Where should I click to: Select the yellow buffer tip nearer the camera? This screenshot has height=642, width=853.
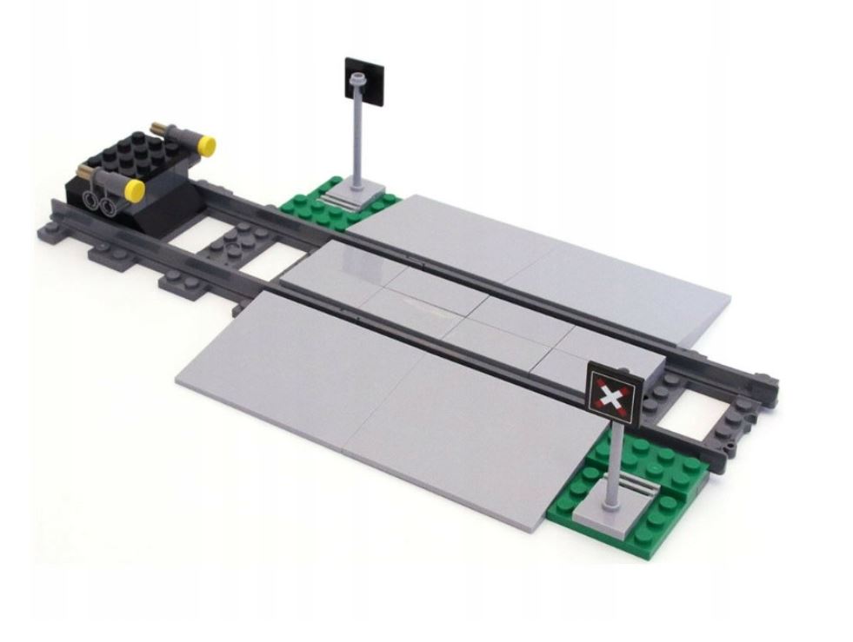coord(135,189)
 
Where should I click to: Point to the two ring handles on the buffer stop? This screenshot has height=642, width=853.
coord(98,203)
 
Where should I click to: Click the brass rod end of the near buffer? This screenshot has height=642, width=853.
coord(87,169)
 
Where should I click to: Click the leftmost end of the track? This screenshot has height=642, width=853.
coord(45,233)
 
